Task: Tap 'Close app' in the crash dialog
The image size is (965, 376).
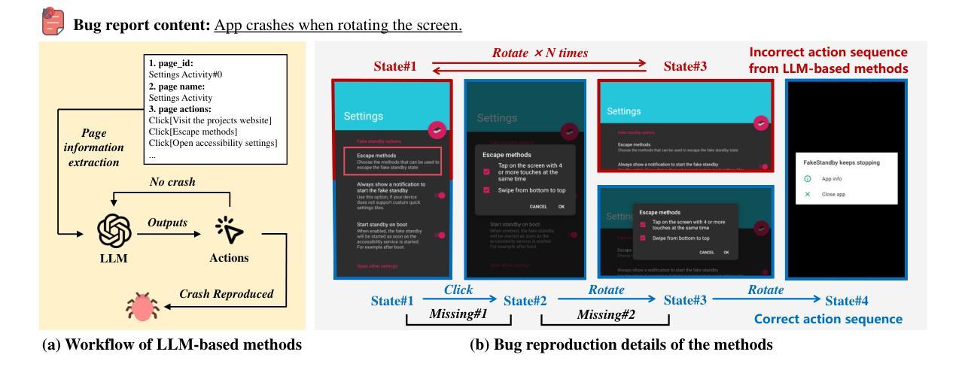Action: point(835,194)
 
